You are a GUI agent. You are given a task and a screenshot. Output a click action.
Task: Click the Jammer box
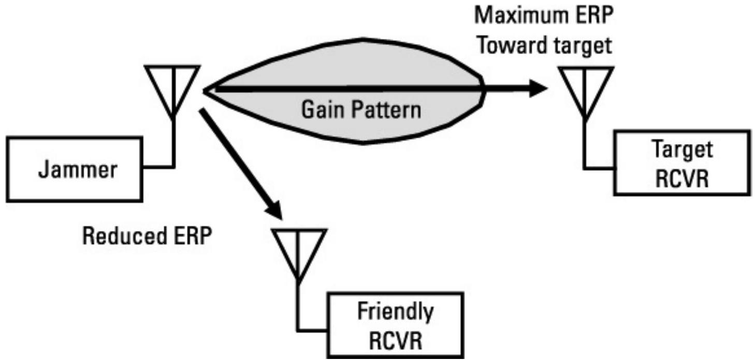coord(75,168)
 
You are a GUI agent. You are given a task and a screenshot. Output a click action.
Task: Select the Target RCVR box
coord(681,163)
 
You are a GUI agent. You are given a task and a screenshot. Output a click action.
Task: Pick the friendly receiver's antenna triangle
coord(299,250)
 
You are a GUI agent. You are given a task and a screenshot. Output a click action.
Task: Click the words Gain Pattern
coord(361,110)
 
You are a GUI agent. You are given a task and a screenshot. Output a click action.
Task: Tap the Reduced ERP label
coord(148,237)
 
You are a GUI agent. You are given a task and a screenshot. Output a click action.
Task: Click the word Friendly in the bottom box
coord(395,312)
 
